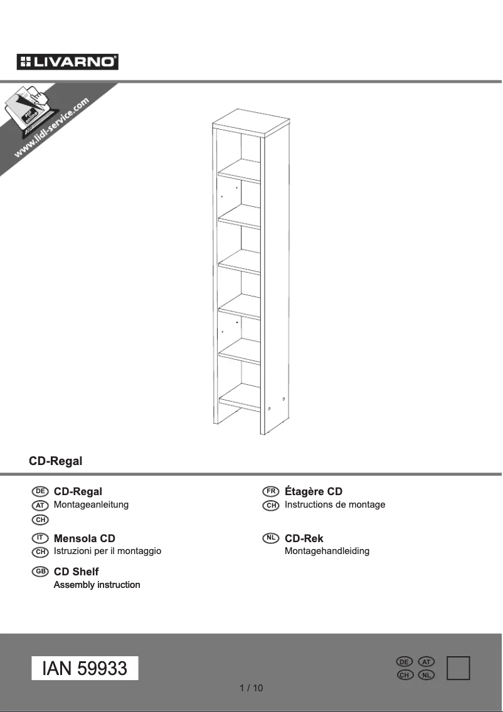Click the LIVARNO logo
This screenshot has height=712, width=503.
[x=68, y=61]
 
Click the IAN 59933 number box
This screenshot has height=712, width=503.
[x=85, y=668]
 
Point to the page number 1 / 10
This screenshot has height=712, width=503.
[x=251, y=688]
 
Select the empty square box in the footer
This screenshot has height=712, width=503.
[x=458, y=668]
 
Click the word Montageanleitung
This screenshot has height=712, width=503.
[x=92, y=505]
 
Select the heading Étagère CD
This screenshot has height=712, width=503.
[x=314, y=491]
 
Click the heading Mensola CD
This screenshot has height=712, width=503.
[x=85, y=538]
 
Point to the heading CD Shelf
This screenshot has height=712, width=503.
[x=77, y=572]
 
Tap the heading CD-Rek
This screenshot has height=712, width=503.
[x=304, y=538]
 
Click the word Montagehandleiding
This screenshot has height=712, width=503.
[x=327, y=552]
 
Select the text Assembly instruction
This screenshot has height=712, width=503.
[x=97, y=585]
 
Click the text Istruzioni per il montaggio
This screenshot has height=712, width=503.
[x=108, y=552]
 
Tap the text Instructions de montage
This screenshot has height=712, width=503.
[x=335, y=505]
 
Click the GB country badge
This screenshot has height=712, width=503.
[x=40, y=572]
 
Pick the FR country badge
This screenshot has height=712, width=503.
[x=270, y=491]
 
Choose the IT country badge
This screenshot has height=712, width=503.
[x=40, y=538]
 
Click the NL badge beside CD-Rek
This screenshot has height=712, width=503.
[x=270, y=538]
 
